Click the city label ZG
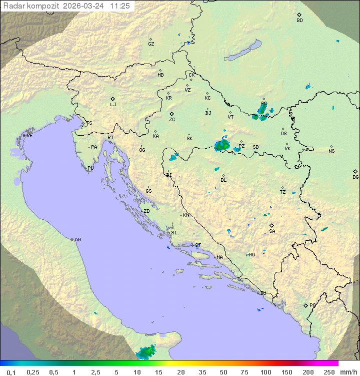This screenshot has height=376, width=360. pos(172,120)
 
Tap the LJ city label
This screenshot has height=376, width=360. pos(113,105)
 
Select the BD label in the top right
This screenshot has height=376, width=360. pos(299,21)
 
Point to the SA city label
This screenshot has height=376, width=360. pos(272,231)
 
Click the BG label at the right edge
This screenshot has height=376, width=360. pos(355,177)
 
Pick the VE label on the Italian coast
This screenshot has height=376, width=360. pos(29,136)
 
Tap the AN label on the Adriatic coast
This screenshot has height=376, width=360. pos(77,240)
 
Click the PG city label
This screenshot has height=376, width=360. pos(312,305)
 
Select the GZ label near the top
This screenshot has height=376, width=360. pos(151,44)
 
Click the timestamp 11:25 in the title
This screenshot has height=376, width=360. pos(120,6)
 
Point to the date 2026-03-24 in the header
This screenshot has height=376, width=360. pos(84,6)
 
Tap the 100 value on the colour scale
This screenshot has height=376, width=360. pos(265,372)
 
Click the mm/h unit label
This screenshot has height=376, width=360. pos(346,372)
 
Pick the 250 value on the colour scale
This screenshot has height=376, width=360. pos(329,372)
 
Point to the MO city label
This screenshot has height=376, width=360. pos(251,255)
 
